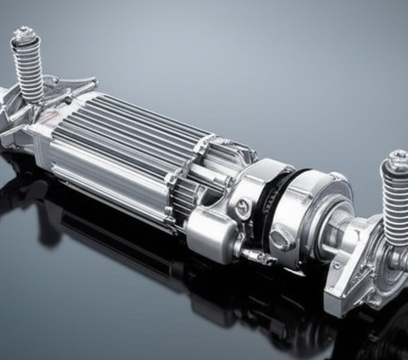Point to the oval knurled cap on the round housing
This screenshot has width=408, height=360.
(x=282, y=237)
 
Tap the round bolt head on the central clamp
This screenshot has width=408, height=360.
(x=241, y=210)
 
